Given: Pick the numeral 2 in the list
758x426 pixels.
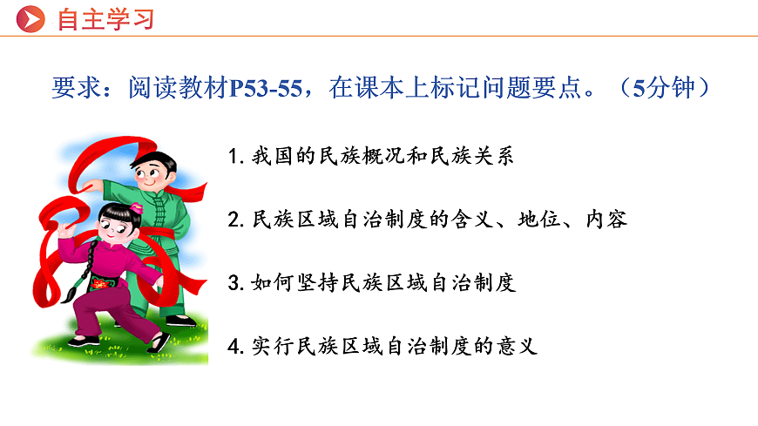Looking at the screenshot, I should point(233,220).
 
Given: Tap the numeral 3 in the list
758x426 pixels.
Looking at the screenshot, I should point(233,283).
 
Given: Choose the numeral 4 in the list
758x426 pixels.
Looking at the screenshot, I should point(233,346).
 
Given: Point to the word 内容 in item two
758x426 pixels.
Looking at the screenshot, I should point(606,220).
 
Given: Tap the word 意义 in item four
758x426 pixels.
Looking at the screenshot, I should point(518,346).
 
